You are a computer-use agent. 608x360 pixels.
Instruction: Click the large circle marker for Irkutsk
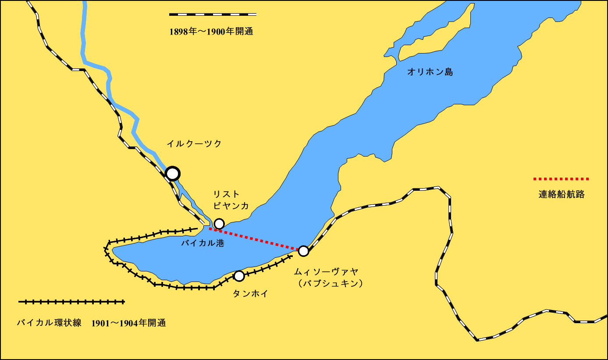coord(173,174)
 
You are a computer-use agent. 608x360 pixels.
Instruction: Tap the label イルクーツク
coord(194,143)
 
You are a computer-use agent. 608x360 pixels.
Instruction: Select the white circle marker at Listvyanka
coord(219,224)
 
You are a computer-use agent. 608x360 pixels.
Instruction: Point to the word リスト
coord(226,194)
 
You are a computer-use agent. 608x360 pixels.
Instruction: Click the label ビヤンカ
coord(231,206)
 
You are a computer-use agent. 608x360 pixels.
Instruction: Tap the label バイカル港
coord(203,243)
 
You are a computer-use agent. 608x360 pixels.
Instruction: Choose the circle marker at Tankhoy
coord(239,276)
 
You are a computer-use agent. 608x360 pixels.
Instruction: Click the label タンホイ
coord(250,294)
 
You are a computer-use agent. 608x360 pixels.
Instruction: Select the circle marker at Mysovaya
coord(303,251)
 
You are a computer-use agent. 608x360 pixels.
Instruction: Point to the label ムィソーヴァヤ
coord(326,272)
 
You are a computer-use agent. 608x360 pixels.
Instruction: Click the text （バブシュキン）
coord(330,284)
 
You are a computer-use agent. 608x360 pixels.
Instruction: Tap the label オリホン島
coord(430,72)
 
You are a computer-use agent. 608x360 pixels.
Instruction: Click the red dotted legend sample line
coord(561,179)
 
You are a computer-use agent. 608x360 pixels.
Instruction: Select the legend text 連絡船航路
coord(562,195)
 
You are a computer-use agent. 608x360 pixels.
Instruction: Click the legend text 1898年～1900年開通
coord(211,32)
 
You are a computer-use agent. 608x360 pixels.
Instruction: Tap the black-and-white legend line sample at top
coord(213,14)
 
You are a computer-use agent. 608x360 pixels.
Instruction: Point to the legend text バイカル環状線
coord(49,323)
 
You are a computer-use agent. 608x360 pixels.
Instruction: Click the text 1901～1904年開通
coord(129,323)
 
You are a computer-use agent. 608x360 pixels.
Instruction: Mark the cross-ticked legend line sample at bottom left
coord(71,302)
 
